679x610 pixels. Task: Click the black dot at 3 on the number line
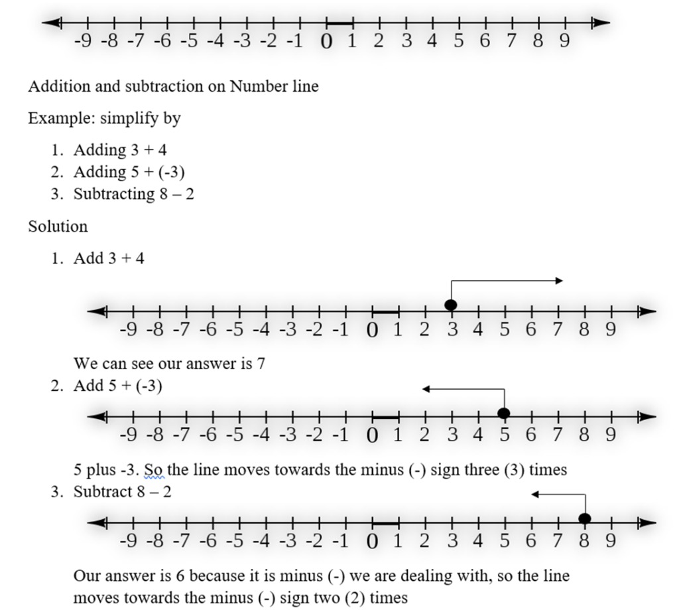451,305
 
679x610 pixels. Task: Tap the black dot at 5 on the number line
504,414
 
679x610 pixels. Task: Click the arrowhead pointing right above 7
559,281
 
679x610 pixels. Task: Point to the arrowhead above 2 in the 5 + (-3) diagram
426,389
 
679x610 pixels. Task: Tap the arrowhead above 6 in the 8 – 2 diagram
535,494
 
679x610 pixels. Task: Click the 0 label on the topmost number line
326,42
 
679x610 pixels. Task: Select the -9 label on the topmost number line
82,41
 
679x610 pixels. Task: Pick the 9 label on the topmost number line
564,41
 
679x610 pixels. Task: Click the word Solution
58,227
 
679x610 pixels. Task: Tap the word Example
54,119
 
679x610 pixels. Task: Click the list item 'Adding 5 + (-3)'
129,172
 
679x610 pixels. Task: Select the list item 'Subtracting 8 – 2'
134,194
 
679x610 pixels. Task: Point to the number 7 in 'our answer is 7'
261,364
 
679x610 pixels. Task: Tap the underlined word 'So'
154,470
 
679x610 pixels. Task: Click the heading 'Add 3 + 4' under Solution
109,259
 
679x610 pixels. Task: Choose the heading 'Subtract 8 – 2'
123,492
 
